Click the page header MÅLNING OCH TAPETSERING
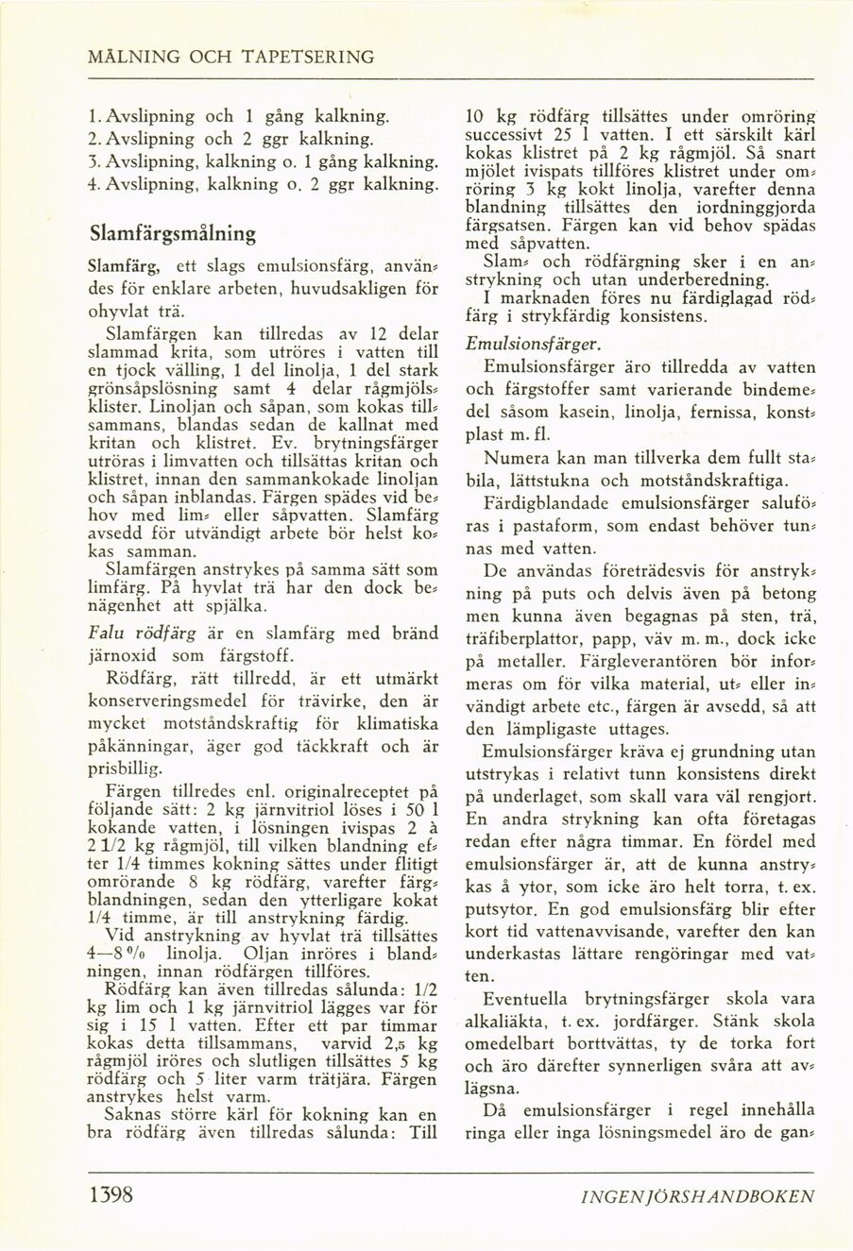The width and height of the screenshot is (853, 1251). (230, 57)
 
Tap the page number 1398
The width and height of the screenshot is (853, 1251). (110, 1196)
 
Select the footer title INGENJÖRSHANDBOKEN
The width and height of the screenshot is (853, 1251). (698, 1197)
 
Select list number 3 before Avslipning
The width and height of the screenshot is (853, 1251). (93, 161)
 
